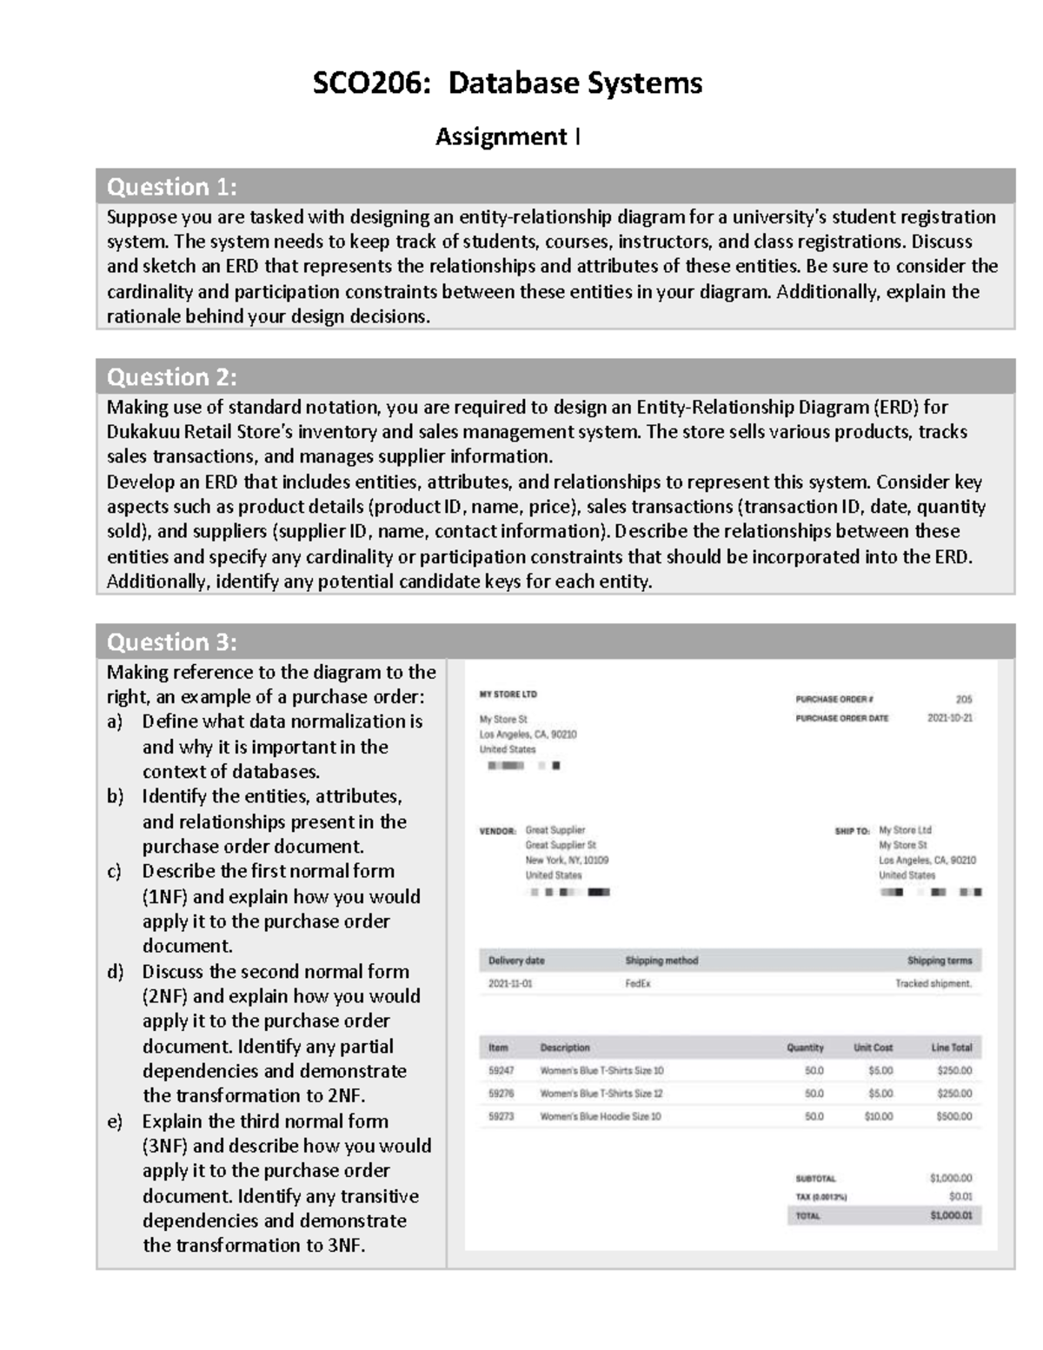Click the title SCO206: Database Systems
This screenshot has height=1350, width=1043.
point(507,83)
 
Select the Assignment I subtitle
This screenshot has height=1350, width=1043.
point(508,137)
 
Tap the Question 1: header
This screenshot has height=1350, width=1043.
point(172,187)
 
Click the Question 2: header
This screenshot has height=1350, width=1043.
point(172,376)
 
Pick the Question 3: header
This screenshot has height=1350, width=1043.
point(172,642)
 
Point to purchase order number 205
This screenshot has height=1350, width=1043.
point(964,699)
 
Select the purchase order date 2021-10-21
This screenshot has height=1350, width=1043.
point(950,718)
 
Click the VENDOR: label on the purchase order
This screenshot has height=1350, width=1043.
point(497,831)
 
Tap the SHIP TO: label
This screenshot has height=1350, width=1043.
point(852,831)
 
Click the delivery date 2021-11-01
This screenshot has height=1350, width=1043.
point(510,983)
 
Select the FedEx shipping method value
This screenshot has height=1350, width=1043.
point(638,983)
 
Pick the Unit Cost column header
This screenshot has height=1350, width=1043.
point(873,1047)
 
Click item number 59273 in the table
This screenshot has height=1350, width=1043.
point(501,1116)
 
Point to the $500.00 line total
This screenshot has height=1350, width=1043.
point(953,1116)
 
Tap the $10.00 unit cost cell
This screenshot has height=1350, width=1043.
point(879,1116)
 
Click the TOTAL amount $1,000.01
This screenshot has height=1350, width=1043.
point(951,1215)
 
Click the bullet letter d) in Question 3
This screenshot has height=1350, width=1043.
point(115,972)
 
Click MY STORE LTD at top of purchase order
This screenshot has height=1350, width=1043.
point(508,695)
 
